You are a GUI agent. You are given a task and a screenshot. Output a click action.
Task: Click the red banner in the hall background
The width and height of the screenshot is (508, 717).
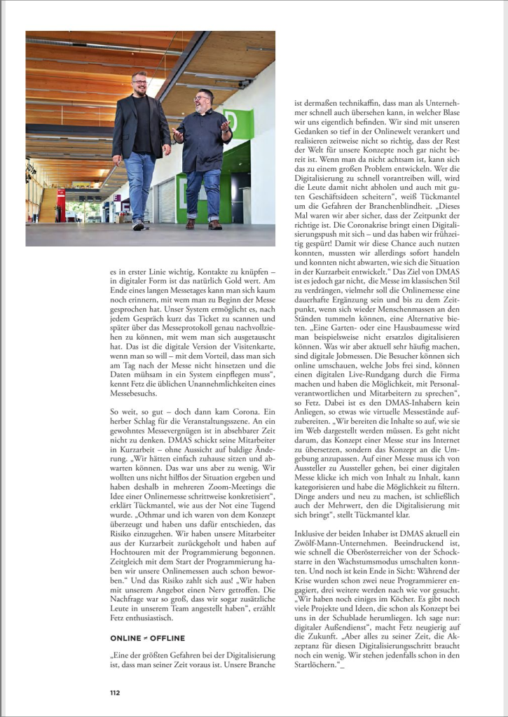click(61, 204)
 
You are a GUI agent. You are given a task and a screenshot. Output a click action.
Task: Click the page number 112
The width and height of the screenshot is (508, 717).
click(115, 692)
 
